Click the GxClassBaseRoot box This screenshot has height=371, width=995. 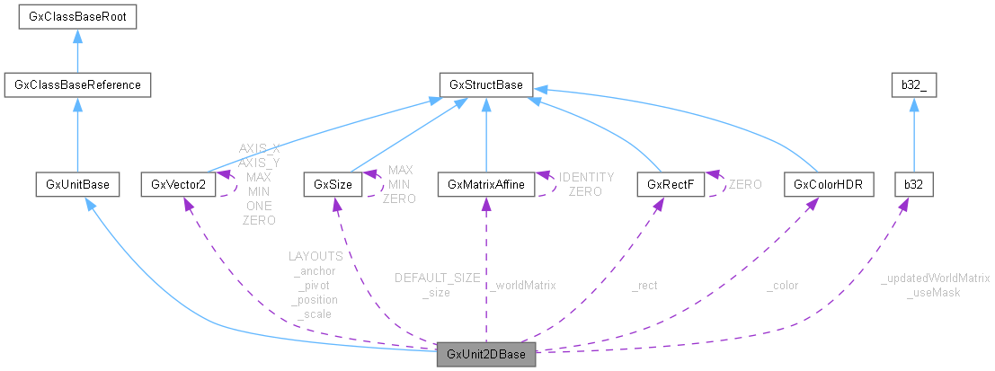coord(77,16)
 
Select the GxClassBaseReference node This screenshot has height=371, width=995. coord(77,85)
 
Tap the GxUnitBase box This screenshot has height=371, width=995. coord(77,184)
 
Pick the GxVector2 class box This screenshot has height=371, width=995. coord(179,184)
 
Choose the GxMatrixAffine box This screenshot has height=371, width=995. coord(485,184)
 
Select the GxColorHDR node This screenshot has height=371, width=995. coord(816,184)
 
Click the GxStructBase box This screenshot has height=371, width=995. coord(486,85)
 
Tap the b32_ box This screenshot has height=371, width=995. coord(913,85)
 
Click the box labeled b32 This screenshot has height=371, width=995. coord(913,184)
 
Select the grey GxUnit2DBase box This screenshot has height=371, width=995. coord(486,354)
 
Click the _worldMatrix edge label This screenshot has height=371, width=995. coord(523,285)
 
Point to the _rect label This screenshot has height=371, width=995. coord(644,285)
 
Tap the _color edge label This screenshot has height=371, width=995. coord(782,285)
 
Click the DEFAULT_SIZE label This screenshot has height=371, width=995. coord(437,278)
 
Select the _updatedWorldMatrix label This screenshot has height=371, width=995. coord(935,278)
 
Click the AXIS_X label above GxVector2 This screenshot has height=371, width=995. coord(259,148)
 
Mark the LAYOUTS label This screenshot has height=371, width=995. coord(315,256)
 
